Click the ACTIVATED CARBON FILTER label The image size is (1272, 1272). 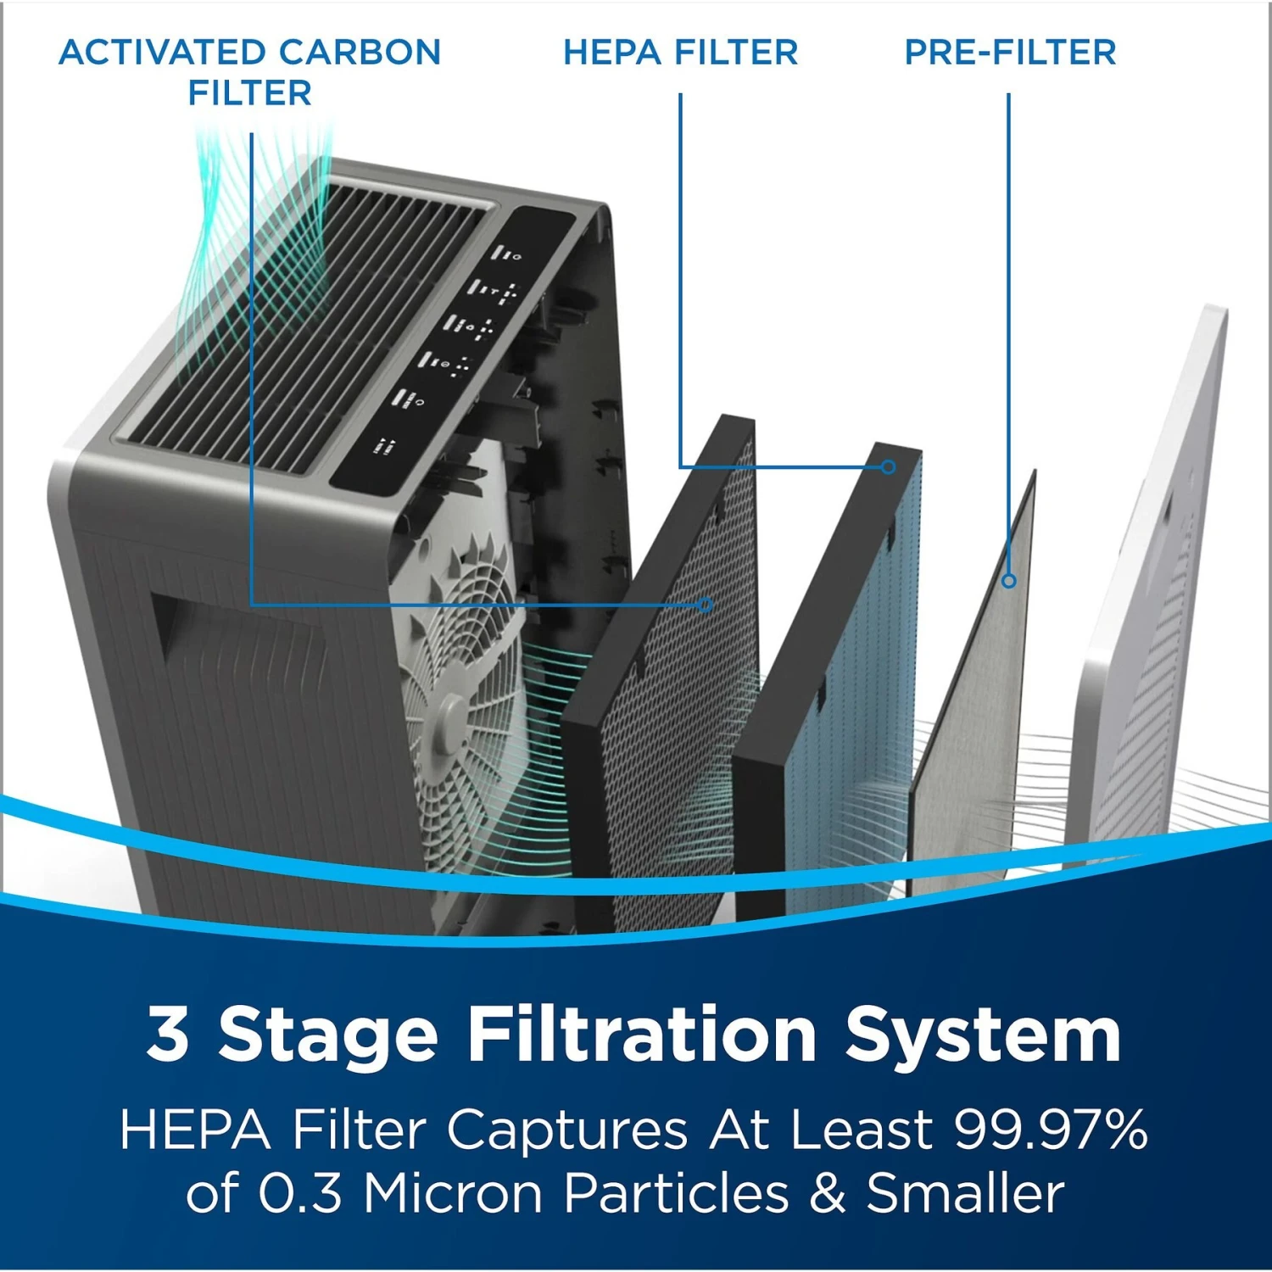249,72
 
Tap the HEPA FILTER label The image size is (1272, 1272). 680,53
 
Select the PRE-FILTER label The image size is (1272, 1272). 1009,53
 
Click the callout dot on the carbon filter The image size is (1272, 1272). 706,605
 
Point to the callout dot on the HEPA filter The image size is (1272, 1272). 888,467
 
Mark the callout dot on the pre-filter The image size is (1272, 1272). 1008,581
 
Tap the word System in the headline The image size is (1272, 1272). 983,1036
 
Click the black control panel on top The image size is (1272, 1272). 449,348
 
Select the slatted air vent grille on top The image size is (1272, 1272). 314,322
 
